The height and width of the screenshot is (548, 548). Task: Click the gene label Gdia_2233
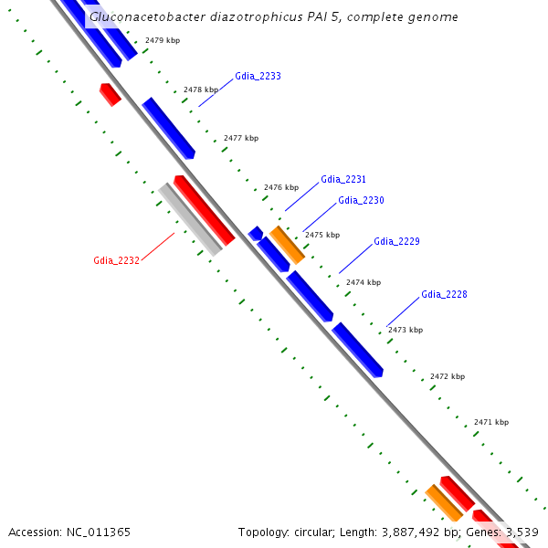click(258, 76)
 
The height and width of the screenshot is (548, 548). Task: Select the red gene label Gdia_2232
click(116, 260)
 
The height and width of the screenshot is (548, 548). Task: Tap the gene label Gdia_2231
click(343, 180)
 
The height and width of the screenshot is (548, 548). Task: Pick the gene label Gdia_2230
click(361, 200)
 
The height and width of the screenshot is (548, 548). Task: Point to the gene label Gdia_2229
click(396, 242)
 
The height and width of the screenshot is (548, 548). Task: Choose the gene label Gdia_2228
click(444, 294)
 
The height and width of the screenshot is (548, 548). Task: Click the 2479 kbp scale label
click(163, 41)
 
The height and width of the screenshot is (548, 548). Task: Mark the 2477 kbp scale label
click(241, 138)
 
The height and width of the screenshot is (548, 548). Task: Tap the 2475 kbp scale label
click(322, 235)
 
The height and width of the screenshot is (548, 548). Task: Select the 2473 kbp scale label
click(406, 330)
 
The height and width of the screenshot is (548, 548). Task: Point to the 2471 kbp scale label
click(491, 422)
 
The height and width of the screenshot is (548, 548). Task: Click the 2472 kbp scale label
click(448, 376)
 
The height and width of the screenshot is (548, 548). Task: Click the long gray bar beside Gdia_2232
click(190, 219)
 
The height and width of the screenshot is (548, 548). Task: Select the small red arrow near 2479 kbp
click(110, 93)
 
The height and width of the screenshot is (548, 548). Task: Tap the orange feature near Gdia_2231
click(287, 245)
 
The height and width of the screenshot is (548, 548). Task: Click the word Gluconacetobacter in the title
click(143, 16)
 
